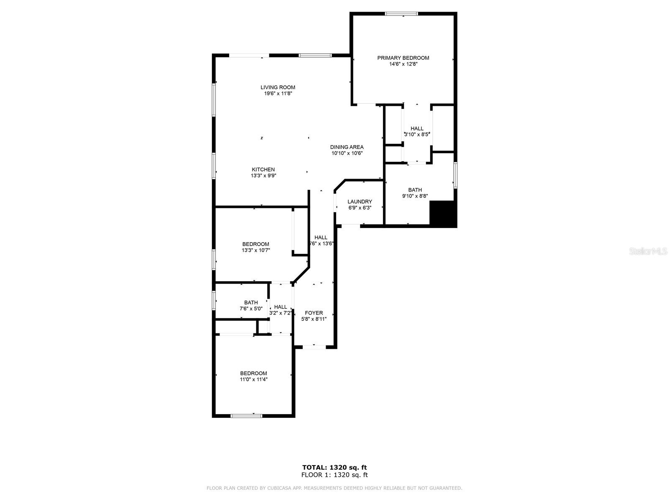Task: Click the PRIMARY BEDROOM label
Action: point(403,58)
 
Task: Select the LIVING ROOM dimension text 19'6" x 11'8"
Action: point(278,94)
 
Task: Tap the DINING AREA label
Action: point(347,147)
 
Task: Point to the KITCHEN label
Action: point(263,169)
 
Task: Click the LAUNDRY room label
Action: point(360,202)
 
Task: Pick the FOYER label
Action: point(314,313)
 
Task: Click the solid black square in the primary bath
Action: point(443,214)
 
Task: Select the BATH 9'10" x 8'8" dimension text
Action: point(415,196)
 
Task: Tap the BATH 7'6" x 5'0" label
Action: point(251,302)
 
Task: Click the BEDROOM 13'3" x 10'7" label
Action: point(255,244)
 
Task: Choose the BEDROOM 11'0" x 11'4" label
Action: point(253,374)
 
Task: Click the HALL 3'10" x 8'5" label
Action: point(416,128)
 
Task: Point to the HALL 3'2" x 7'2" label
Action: point(281,307)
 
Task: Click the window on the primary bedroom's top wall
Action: point(401,14)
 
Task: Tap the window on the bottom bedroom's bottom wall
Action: point(247,415)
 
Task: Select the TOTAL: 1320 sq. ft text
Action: point(334,467)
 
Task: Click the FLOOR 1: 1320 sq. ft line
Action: point(334,475)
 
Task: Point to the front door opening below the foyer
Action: point(314,346)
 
